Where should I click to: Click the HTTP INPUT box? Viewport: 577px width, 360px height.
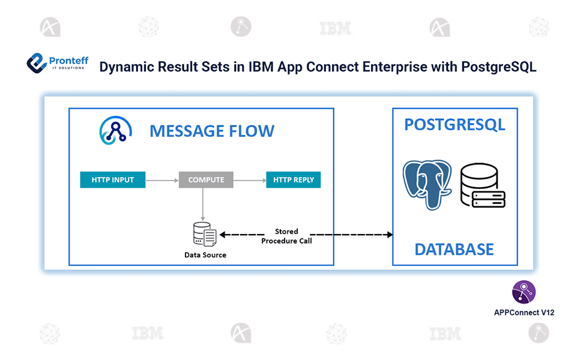pos(113,179)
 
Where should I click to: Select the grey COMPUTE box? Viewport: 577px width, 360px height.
pos(206,179)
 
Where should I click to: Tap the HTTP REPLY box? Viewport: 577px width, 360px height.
pos(293,179)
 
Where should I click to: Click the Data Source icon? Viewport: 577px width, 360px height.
pos(205,234)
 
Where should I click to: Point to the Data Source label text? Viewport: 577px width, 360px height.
pos(205,255)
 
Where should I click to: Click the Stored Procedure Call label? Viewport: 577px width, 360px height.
pos(286,236)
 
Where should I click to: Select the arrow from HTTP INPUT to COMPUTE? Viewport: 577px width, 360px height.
pos(162,179)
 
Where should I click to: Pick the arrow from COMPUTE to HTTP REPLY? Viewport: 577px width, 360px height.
pos(249,179)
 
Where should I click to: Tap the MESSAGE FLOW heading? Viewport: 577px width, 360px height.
pos(211,131)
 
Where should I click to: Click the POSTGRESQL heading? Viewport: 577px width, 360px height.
pos(455,124)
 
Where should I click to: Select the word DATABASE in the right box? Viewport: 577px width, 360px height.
pos(455,249)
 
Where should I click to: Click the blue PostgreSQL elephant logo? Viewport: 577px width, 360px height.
pos(427,184)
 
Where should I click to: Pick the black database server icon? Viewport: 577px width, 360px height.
pos(482,187)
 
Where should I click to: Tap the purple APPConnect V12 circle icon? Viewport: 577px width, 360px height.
pos(524,292)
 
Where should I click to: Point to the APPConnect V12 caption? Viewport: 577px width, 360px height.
pos(524,313)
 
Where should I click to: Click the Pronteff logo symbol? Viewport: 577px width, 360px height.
pos(37,64)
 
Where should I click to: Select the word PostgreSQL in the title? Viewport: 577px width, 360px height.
pos(498,67)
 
